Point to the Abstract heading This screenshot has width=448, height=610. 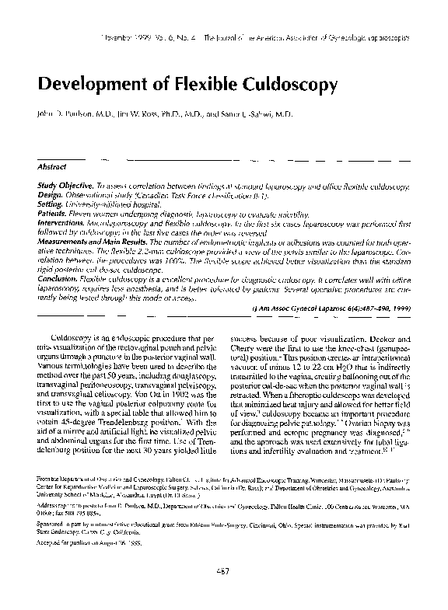(x=53, y=166)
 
